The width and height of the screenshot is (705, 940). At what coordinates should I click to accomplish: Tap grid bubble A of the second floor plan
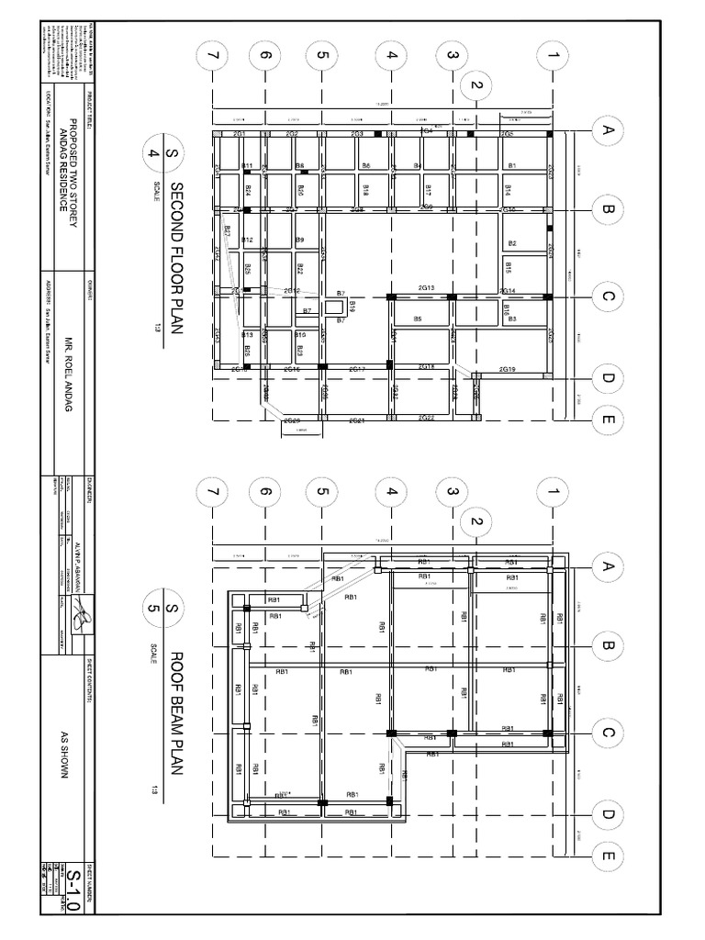tap(606, 131)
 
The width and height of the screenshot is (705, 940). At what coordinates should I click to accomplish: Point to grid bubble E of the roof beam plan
tap(606, 856)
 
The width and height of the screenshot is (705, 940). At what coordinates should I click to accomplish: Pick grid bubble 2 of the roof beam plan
tap(476, 522)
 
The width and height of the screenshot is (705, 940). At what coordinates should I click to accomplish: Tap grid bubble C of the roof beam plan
tap(606, 733)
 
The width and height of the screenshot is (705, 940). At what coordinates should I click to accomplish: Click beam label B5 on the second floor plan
tap(418, 319)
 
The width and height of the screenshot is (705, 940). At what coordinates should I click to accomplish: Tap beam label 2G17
tap(357, 369)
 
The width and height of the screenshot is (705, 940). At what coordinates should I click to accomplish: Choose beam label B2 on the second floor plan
tap(512, 243)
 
